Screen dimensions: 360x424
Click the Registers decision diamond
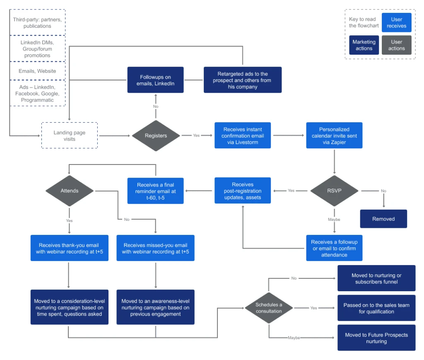pos(156,135)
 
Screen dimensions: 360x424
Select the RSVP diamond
pos(335,191)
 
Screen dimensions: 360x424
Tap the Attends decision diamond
pos(69,191)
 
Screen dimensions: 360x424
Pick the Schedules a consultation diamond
pos(269,308)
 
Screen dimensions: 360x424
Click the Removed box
pos(383,219)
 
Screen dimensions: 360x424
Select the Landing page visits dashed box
pos(70,135)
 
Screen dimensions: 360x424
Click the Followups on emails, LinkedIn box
pos(155,80)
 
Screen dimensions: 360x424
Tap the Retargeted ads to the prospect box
pos(242,80)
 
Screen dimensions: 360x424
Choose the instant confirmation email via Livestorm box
pos(242,135)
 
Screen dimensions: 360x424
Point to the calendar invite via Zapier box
pos(334,135)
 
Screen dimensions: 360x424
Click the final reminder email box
pos(155,191)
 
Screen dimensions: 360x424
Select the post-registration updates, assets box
pos(242,191)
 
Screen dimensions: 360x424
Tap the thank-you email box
pos(69,248)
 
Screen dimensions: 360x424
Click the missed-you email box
pos(155,248)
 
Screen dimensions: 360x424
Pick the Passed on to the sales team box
pos(376,308)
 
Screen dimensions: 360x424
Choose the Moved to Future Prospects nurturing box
pos(376,338)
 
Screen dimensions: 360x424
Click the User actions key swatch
pos(396,45)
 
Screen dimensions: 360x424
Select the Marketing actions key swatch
pos(364,45)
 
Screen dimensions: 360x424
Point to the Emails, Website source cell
pos(37,71)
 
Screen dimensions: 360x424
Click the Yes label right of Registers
pos(196,135)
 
